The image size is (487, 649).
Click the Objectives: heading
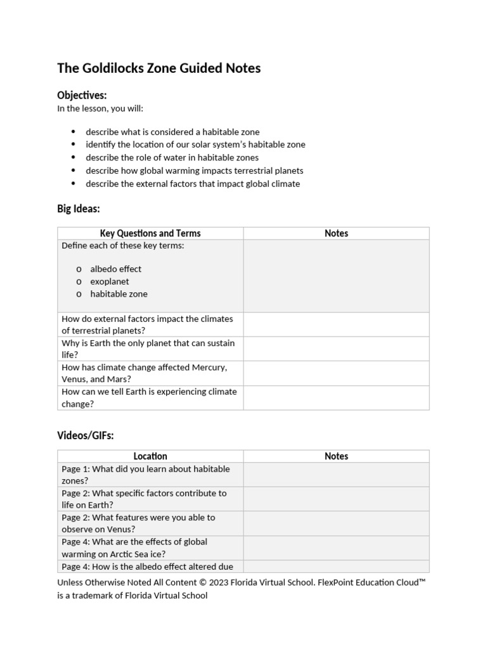point(82,95)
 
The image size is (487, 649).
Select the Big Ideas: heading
point(79,209)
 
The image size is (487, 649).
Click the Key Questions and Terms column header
point(150,233)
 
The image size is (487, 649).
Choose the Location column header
point(150,456)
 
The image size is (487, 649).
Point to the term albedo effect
point(115,269)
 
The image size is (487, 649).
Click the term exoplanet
point(109,281)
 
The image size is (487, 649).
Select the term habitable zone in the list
point(119,294)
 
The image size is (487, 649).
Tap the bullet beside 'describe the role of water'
point(73,157)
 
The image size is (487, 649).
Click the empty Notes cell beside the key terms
point(336,276)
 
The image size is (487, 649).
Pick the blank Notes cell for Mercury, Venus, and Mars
point(336,373)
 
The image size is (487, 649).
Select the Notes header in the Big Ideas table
point(336,233)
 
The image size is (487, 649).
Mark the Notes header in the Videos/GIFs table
point(336,456)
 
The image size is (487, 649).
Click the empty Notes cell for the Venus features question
point(336,524)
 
